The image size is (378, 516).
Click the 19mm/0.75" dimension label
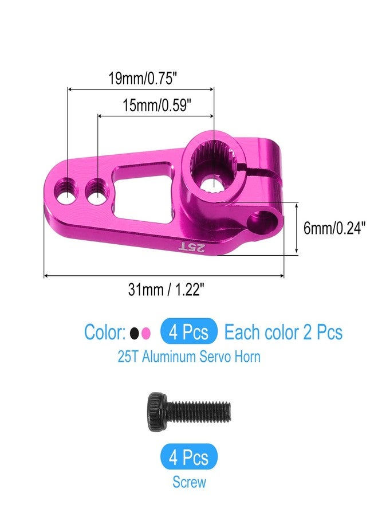[x=140, y=79]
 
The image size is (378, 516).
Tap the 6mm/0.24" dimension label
[x=334, y=228]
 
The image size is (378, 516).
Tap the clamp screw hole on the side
[x=267, y=220]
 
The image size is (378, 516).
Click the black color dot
[x=134, y=333]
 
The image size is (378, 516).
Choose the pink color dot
[x=146, y=333]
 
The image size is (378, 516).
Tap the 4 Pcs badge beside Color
[x=189, y=332]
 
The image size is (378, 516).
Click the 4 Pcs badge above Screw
[x=189, y=458]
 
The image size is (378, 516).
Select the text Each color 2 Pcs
[x=283, y=332]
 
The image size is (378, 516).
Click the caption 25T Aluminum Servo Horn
[x=189, y=357]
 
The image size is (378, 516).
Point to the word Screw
[x=189, y=482]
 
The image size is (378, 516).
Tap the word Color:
[x=105, y=332]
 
